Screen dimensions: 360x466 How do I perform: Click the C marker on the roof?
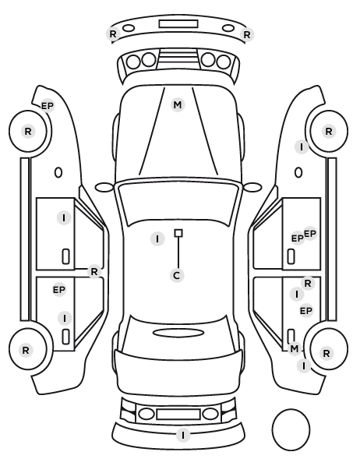[177, 276]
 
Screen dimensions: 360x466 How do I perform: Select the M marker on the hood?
[178, 105]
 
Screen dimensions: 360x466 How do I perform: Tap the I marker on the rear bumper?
[183, 436]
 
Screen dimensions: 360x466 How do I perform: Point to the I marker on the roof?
[157, 238]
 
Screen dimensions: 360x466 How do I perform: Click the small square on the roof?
[178, 233]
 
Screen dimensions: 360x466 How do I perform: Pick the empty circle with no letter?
[291, 429]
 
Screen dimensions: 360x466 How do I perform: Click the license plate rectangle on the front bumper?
[178, 24]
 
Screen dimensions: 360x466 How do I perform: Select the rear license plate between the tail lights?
[178, 414]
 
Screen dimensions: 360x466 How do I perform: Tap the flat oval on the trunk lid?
[178, 333]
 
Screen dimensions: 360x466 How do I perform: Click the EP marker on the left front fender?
[48, 106]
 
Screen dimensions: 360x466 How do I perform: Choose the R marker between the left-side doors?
[94, 272]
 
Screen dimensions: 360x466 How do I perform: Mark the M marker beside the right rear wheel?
[295, 348]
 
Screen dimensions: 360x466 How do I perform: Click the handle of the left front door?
[65, 256]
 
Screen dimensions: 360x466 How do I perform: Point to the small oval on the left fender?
[58, 172]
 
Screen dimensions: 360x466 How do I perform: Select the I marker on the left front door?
[64, 218]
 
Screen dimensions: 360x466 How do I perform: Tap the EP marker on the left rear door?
[59, 290]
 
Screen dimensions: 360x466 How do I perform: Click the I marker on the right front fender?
[302, 147]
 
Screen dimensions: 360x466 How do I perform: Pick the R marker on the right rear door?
[308, 283]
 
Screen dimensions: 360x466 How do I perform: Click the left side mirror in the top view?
[104, 188]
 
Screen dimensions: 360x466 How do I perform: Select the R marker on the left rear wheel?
[26, 351]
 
